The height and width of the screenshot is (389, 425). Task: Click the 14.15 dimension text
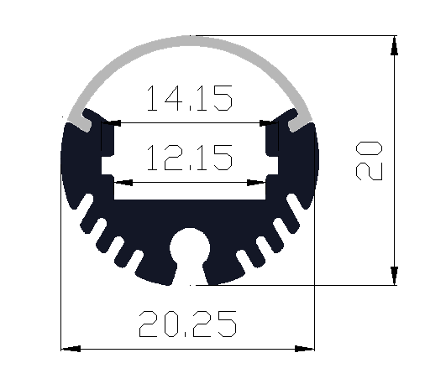(190, 98)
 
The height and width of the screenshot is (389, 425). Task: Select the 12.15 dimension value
(190, 158)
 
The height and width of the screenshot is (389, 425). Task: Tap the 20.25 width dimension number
(188, 324)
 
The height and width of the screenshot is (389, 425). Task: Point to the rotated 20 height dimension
(369, 161)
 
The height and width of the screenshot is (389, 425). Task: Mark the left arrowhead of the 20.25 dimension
(71, 349)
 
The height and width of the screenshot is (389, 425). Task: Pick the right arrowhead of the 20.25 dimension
(305, 349)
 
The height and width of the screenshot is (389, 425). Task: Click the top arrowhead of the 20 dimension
(394, 46)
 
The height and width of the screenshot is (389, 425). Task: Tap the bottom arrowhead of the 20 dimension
(394, 276)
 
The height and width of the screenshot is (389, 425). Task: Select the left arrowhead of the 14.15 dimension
(111, 122)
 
